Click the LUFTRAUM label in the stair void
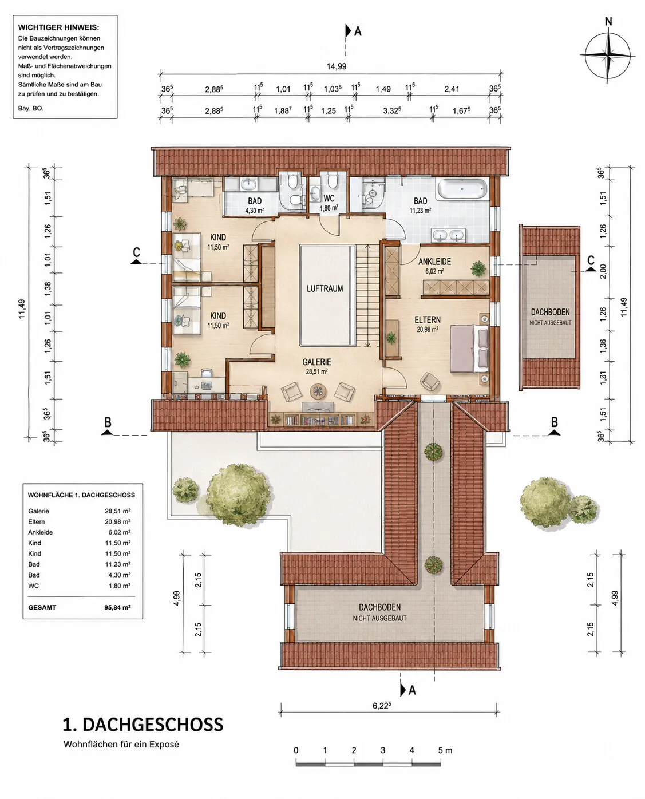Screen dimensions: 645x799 (x=325, y=288)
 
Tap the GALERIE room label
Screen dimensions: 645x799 (x=317, y=362)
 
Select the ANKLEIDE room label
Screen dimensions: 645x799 (x=434, y=262)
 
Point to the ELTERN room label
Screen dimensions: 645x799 (x=428, y=319)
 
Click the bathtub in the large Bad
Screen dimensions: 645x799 (x=462, y=189)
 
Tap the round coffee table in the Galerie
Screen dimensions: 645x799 (x=318, y=391)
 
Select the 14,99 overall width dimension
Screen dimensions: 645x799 (x=337, y=66)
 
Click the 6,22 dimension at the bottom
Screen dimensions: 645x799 (x=382, y=705)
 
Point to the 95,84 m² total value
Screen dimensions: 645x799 (x=117, y=607)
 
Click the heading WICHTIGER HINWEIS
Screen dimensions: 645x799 (x=58, y=27)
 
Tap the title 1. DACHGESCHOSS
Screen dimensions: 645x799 (x=143, y=725)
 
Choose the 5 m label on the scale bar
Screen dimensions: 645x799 (x=445, y=750)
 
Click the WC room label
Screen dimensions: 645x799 (x=329, y=198)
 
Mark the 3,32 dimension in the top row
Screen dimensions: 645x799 (x=392, y=110)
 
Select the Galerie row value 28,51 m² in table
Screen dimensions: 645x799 (x=117, y=511)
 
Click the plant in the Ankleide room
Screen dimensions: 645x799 (x=478, y=268)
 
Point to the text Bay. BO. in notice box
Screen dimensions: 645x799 (x=31, y=108)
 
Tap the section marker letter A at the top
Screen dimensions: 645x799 (x=358, y=31)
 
